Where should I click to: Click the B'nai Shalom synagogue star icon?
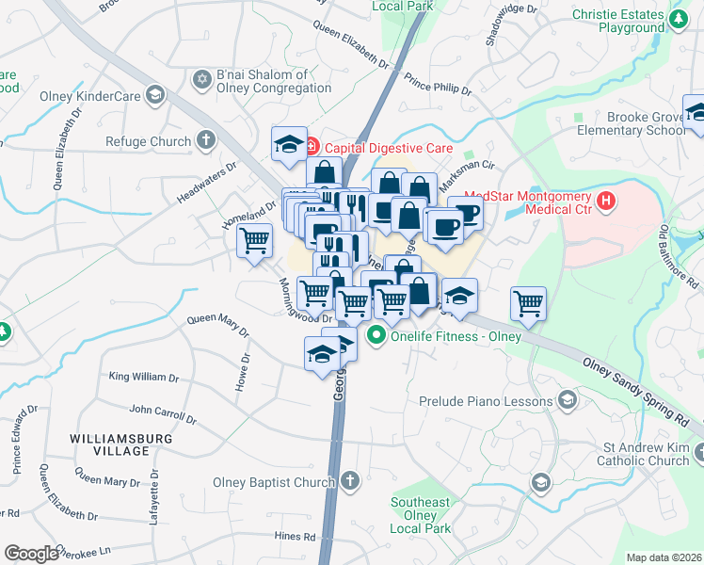[200, 76]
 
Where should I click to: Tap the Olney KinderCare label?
[90, 96]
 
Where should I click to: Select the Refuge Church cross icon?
[205, 141]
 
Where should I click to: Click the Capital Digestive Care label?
[389, 148]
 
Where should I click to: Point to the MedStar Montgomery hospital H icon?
[606, 201]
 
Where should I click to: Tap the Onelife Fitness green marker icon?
[377, 333]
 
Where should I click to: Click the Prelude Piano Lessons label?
[485, 401]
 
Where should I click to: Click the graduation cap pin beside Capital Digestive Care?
[287, 142]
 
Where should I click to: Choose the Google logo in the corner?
[31, 554]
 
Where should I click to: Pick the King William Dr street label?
[143, 377]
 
